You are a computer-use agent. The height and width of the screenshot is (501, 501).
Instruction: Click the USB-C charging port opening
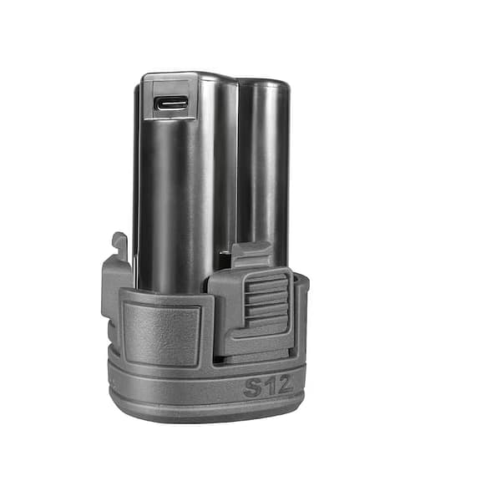[170, 104]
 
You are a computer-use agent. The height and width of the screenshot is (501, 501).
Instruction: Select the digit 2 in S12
[285, 384]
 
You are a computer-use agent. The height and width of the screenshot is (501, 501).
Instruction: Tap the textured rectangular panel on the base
[162, 333]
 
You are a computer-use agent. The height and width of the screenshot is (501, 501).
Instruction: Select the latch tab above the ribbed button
[252, 255]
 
